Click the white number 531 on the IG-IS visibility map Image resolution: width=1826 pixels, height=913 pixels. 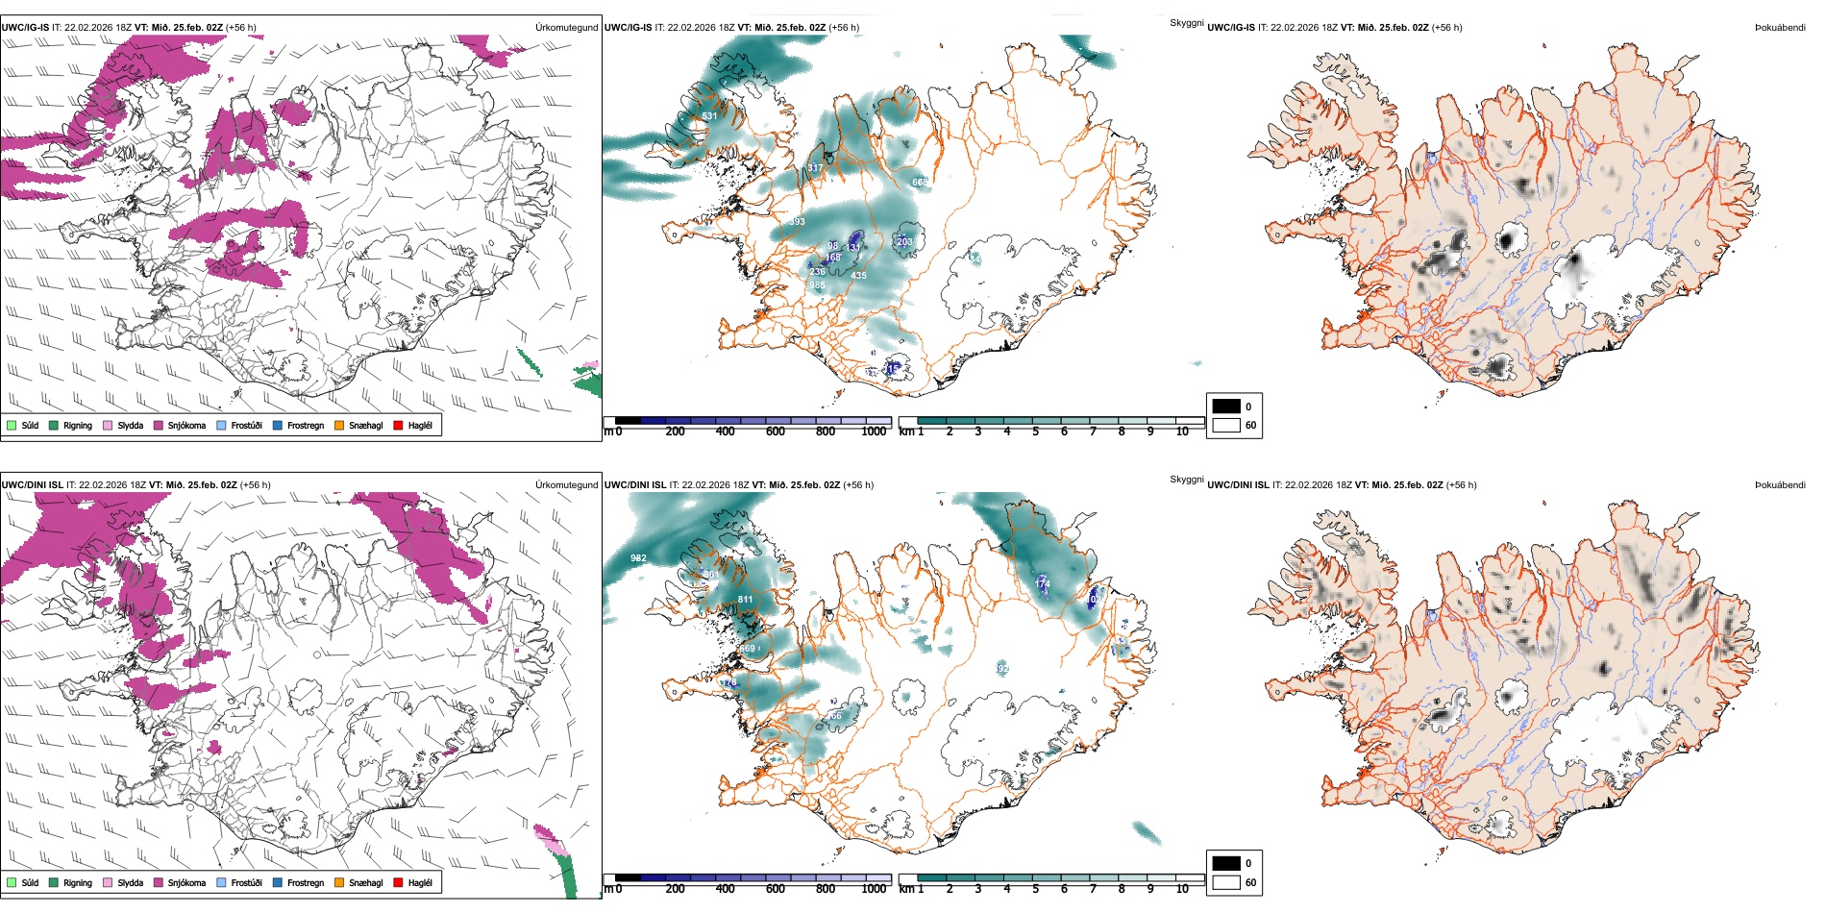click(709, 116)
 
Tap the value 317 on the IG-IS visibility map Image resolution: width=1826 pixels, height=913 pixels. click(814, 168)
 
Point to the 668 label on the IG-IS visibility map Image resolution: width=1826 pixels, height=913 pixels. click(920, 183)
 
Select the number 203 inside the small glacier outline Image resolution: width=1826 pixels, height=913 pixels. click(904, 242)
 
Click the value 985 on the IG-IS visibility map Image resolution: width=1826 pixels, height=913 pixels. click(817, 285)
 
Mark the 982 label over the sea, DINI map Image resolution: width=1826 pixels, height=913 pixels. click(638, 558)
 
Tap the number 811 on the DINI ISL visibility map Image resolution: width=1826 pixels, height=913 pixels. click(745, 600)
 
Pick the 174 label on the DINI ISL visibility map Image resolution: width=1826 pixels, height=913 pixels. click(1042, 584)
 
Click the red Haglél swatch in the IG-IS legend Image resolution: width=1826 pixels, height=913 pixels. click(398, 426)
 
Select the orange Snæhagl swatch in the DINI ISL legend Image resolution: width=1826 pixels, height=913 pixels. click(339, 883)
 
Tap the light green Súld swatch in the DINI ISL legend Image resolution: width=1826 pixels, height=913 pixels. click(12, 883)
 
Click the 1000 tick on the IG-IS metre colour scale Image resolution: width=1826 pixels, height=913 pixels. click(874, 432)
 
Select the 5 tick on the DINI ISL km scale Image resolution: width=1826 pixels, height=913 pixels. click(1035, 890)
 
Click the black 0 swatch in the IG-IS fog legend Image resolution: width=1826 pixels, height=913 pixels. click(1226, 407)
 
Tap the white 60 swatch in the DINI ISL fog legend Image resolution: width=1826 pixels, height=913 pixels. click(1226, 882)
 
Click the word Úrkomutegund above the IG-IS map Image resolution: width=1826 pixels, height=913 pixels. click(566, 28)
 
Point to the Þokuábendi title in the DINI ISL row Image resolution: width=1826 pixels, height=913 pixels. click(1779, 485)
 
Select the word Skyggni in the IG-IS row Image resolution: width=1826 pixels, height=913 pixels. click(1186, 23)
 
